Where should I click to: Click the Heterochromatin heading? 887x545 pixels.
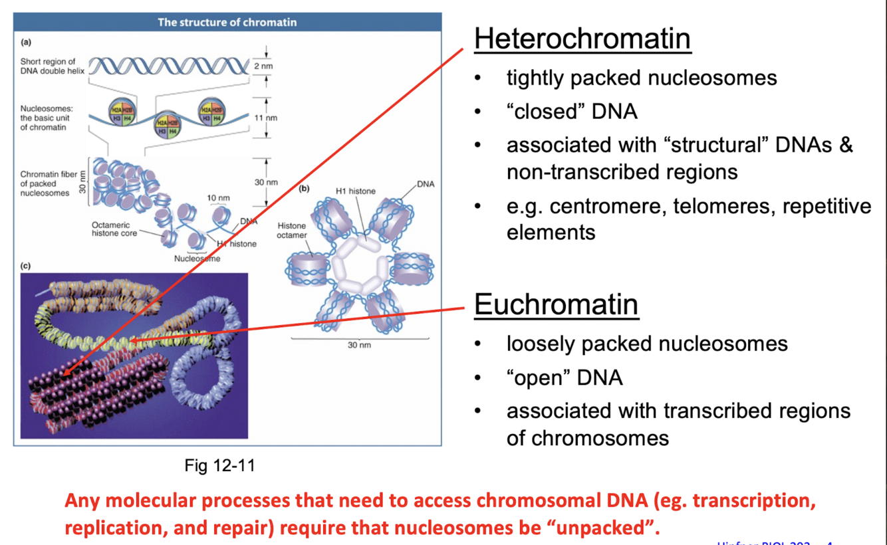coord(582,39)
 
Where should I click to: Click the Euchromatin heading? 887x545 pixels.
coord(556,304)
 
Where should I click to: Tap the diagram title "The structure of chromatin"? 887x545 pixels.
coord(227,22)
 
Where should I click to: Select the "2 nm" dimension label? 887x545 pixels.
coord(263,66)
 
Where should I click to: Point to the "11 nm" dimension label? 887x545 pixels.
coord(265,118)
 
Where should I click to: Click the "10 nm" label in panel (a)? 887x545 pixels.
coord(218,198)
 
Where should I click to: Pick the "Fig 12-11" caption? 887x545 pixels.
coord(219,465)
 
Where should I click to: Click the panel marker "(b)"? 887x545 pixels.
coord(305,189)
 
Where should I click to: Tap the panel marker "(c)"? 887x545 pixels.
coord(26,266)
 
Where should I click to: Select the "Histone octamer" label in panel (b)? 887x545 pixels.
coord(291,231)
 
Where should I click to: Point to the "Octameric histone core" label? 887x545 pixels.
coord(114,229)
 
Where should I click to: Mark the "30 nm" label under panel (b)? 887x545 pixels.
coord(359,345)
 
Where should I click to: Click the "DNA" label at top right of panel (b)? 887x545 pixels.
coord(426,184)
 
